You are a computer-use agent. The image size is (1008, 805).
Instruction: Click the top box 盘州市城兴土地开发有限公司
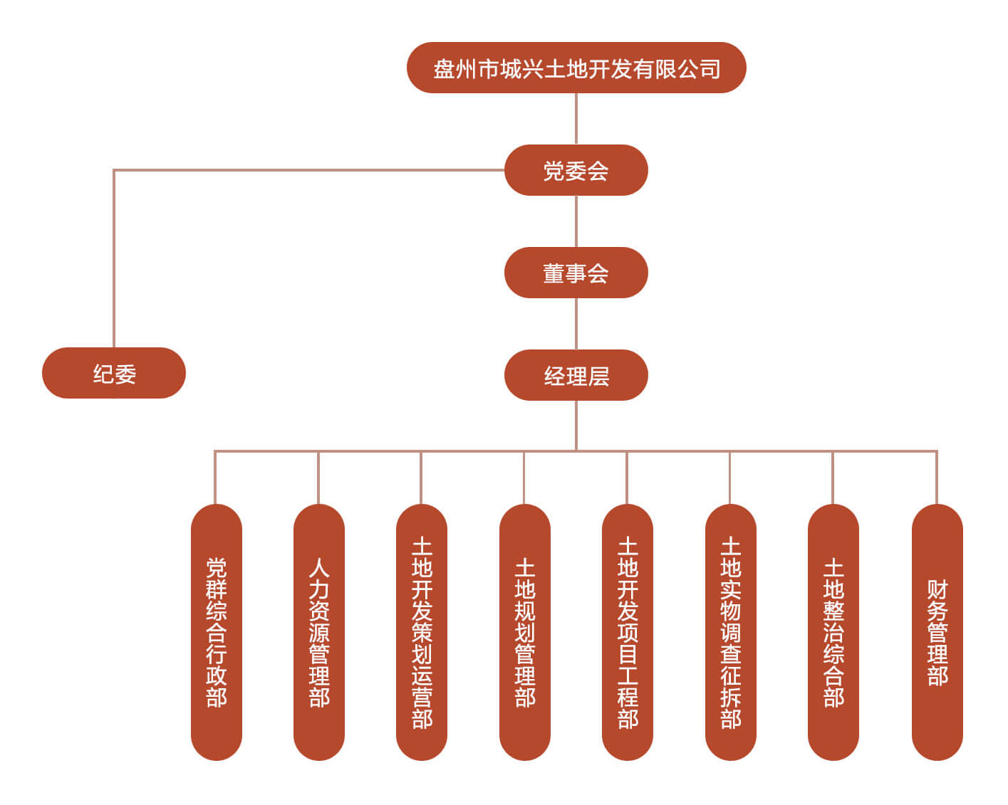pyautogui.click(x=576, y=68)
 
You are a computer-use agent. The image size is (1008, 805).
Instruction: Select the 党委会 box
pyautogui.click(x=576, y=171)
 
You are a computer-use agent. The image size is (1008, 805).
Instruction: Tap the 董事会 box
pyautogui.click(x=576, y=273)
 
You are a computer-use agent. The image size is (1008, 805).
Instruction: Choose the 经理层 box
pyautogui.click(x=576, y=375)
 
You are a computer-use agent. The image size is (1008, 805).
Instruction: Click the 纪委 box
pyautogui.click(x=114, y=373)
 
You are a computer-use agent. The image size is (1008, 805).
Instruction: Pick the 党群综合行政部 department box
pyautogui.click(x=217, y=632)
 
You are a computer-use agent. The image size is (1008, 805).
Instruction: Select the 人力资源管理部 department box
pyautogui.click(x=319, y=632)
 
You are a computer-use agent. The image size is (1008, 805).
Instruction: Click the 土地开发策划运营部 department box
pyautogui.click(x=422, y=632)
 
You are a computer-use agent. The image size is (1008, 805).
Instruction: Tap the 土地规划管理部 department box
pyautogui.click(x=525, y=632)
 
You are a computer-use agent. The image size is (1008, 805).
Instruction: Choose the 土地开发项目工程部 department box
pyautogui.click(x=628, y=632)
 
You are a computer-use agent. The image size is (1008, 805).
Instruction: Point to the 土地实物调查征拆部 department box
pyautogui.click(x=731, y=632)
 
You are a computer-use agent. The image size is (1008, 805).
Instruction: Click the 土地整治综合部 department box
pyautogui.click(x=833, y=632)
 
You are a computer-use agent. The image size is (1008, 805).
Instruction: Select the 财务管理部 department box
pyautogui.click(x=937, y=632)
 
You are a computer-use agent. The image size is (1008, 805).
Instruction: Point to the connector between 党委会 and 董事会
pyautogui.click(x=576, y=221)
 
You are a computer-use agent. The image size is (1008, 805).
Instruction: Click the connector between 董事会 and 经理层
pyautogui.click(x=576, y=324)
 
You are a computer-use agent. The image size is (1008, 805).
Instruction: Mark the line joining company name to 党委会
pyautogui.click(x=576, y=119)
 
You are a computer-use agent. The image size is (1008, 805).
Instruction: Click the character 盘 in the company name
pyautogui.click(x=445, y=69)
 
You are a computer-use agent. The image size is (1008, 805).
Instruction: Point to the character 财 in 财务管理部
pyautogui.click(x=937, y=589)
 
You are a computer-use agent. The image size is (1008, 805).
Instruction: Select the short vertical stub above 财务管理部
pyautogui.click(x=937, y=478)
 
